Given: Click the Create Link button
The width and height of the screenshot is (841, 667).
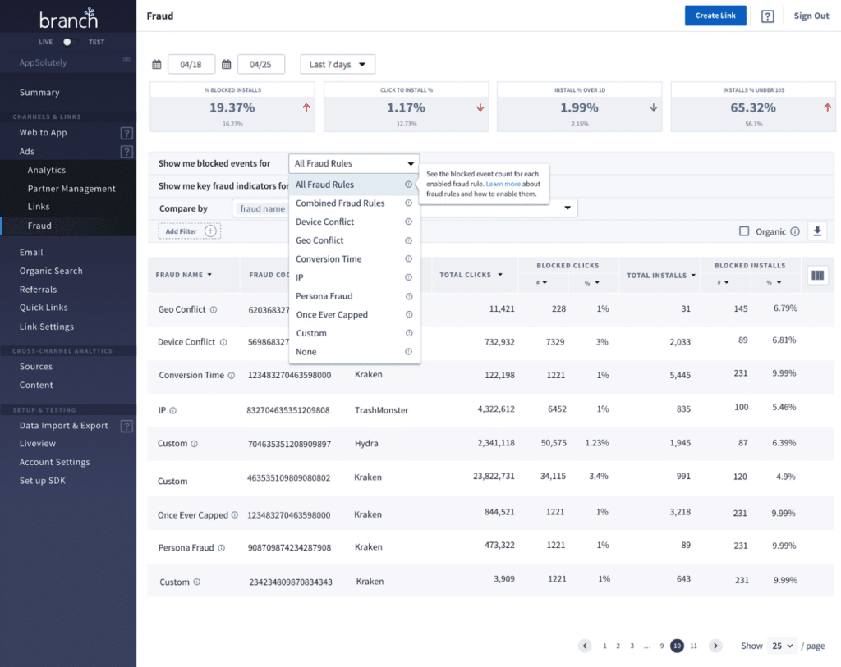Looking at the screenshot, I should click(x=715, y=16).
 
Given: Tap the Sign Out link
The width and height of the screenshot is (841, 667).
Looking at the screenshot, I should click(x=811, y=16).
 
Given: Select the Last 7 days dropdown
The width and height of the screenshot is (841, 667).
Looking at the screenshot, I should click(x=337, y=64).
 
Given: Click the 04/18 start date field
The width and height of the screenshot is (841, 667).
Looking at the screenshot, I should click(x=191, y=64).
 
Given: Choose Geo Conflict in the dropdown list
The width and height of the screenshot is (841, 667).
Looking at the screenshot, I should click(x=319, y=240).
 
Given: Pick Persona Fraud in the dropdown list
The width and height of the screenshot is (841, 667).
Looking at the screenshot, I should click(x=324, y=296).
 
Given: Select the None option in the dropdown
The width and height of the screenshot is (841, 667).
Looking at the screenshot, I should click(x=306, y=352).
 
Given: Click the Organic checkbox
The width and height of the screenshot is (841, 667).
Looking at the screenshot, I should click(x=744, y=231).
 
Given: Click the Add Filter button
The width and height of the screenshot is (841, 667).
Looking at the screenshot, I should click(x=190, y=231).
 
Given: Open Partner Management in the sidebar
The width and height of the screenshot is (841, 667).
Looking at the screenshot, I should click(x=71, y=189).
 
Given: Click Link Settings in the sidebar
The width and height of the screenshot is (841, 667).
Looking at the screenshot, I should click(x=47, y=327).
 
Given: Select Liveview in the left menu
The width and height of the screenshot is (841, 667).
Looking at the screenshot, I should click(x=38, y=444).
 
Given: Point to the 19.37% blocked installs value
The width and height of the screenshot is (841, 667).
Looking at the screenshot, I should click(x=232, y=107).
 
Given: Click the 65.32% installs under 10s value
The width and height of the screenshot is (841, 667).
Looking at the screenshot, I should click(x=753, y=107).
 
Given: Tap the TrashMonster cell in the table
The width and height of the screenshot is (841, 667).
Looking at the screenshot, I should click(x=381, y=410).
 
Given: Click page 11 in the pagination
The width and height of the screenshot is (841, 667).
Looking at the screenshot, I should click(x=693, y=646).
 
